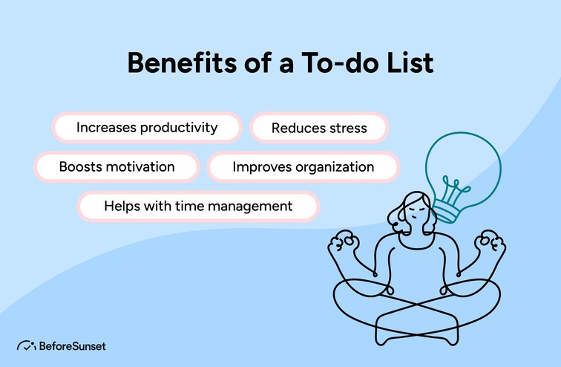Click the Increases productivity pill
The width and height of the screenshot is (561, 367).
[x=147, y=127]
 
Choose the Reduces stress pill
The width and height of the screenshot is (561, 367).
[x=319, y=128]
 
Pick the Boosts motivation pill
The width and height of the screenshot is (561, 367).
[x=117, y=166]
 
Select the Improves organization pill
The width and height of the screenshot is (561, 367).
[x=304, y=166]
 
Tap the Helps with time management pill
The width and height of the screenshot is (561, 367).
[x=198, y=206]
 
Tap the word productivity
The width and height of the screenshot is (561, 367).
[x=179, y=127]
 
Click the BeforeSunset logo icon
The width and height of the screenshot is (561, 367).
[x=27, y=345]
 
